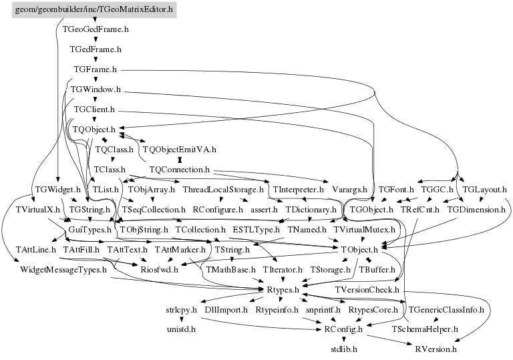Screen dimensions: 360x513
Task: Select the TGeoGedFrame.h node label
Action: click(x=96, y=29)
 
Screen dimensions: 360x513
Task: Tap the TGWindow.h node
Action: click(x=96, y=89)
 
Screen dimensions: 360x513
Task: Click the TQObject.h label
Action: click(x=94, y=129)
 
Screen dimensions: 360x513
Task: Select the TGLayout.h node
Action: click(x=484, y=190)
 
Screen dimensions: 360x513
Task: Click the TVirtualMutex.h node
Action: click(x=365, y=230)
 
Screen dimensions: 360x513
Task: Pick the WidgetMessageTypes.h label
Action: click(x=63, y=270)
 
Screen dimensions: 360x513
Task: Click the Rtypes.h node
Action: click(x=281, y=290)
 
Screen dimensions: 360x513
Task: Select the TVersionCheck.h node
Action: click(x=367, y=290)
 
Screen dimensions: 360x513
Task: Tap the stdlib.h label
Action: click(x=344, y=349)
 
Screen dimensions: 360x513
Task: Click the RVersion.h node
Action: click(x=436, y=349)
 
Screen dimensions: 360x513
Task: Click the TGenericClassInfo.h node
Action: click(x=446, y=310)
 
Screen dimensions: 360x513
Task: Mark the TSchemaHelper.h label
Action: click(x=425, y=329)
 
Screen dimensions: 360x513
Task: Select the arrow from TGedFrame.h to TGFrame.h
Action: click(x=96, y=59)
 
